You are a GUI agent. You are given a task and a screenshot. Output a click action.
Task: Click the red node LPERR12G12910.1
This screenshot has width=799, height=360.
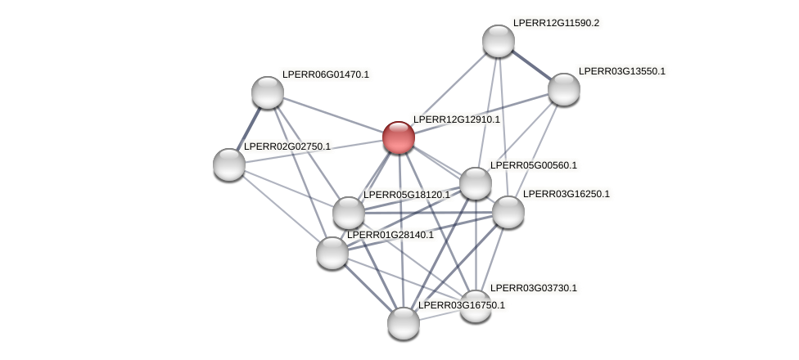pos(399,137)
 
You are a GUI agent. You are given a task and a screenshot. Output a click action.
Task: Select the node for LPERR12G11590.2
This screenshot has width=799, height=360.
pos(499,41)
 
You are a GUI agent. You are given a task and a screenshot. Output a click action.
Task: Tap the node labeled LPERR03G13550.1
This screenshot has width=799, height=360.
pos(564,89)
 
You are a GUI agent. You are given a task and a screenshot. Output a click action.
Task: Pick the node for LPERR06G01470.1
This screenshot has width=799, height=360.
pos(268,92)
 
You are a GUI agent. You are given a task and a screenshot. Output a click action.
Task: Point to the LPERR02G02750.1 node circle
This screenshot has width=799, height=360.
pos(229,164)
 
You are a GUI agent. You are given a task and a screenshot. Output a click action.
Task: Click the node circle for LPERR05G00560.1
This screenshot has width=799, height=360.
pos(476,183)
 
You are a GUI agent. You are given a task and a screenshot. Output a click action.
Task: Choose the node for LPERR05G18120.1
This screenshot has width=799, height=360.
pos(349,213)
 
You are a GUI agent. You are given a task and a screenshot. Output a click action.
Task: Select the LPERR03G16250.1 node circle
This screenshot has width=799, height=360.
pos(508,212)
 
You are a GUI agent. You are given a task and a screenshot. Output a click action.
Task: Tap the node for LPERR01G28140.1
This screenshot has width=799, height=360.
pos(332,253)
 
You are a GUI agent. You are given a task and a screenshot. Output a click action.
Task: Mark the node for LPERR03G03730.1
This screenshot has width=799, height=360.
pos(476,306)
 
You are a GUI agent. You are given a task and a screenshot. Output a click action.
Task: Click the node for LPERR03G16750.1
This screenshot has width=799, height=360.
pos(404,323)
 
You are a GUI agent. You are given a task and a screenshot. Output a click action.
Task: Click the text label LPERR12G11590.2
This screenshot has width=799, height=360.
pos(556,23)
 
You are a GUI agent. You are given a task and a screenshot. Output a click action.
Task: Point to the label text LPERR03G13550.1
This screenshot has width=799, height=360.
pos(621,71)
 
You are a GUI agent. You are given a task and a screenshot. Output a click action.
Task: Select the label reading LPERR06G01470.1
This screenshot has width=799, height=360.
pos(325,74)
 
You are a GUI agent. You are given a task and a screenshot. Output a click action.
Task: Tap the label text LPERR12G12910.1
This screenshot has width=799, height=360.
pos(456,119)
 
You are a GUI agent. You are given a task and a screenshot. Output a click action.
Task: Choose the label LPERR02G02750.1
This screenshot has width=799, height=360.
pos(287,146)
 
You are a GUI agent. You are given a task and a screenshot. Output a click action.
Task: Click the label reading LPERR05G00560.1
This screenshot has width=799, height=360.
pos(533,165)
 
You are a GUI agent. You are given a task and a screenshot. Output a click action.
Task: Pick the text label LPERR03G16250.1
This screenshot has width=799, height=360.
pos(566,194)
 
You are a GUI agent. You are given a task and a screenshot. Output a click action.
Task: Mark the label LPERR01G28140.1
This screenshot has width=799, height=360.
pos(390,235)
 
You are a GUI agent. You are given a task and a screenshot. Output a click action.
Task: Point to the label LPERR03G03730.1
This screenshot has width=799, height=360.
pos(533,288)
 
